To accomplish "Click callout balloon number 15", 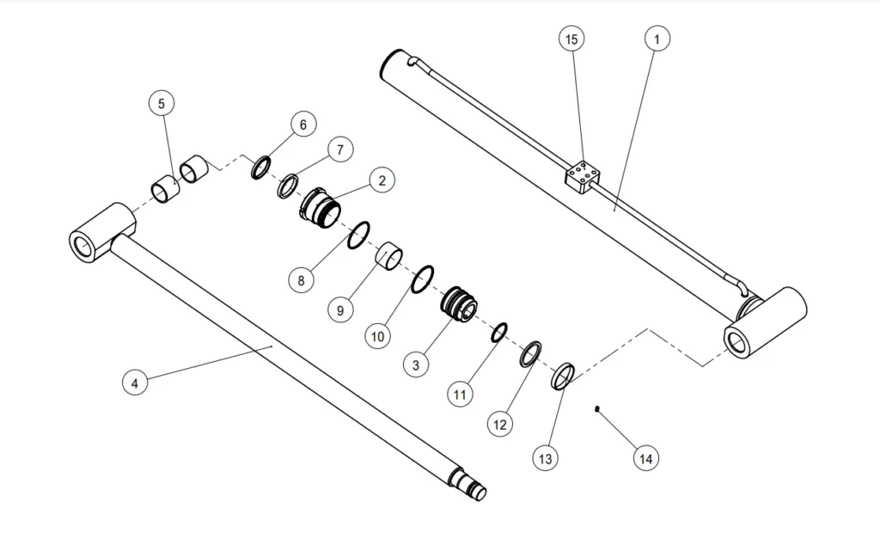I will [571, 39].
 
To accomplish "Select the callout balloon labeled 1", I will [657, 39].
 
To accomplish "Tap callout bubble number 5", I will [161, 103].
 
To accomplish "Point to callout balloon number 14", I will [645, 458].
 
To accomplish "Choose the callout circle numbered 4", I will [134, 382].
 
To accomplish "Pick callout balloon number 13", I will [544, 458].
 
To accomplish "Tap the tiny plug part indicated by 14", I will [596, 409].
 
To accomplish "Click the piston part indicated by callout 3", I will [458, 305].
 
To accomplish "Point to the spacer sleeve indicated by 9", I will [391, 256].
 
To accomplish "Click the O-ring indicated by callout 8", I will [358, 235].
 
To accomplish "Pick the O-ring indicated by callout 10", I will [423, 279].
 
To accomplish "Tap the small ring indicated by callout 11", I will [499, 333].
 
